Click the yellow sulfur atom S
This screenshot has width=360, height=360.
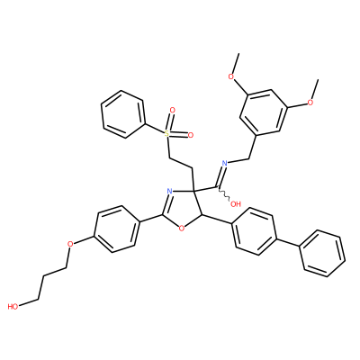tap(167, 133)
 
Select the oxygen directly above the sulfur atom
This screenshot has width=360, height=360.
tap(172, 110)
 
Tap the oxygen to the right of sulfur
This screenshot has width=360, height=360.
tap(190, 135)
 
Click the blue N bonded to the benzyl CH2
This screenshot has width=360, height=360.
tap(224, 164)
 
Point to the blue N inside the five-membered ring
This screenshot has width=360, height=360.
tap(169, 191)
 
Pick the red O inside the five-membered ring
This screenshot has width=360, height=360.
tap(181, 229)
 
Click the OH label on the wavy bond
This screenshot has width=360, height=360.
tap(236, 204)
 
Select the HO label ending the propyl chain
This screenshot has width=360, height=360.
tap(13, 307)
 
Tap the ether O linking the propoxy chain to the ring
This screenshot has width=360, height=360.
tap(70, 243)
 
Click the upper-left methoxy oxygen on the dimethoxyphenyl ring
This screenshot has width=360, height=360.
tap(230, 76)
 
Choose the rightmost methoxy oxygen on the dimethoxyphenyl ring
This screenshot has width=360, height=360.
tap(310, 103)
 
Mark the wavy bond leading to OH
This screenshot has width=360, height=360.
tap(224, 193)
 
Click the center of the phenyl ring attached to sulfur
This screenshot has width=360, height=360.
tap(122, 114)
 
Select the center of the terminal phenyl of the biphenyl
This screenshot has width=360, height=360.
tap(323, 254)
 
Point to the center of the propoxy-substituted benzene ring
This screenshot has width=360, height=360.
tap(117, 229)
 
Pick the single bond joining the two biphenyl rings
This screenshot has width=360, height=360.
tap(287, 242)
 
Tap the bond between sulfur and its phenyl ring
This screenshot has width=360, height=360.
tap(154, 129)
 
